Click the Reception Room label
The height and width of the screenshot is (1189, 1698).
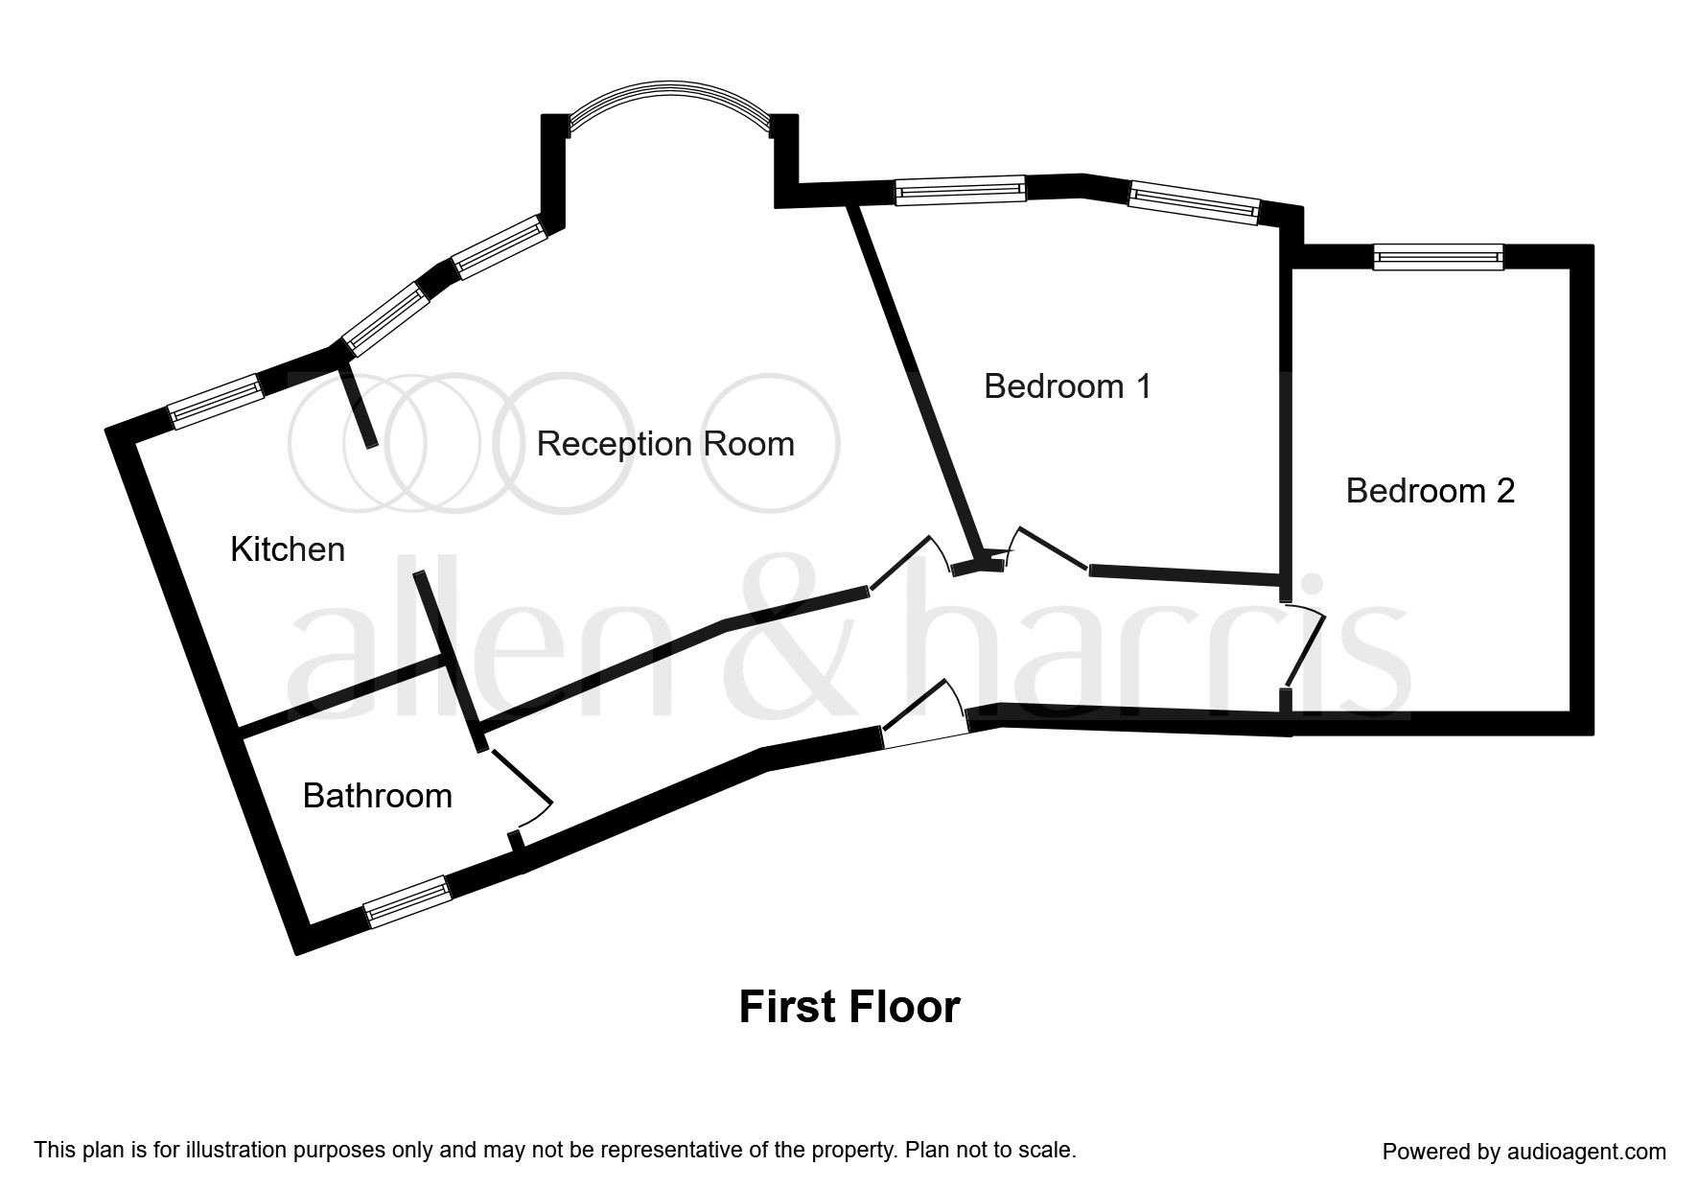tap(665, 444)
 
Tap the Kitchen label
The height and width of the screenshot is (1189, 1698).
tap(288, 549)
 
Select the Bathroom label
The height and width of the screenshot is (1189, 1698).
tap(377, 796)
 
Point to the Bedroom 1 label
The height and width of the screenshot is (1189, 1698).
tap(1067, 386)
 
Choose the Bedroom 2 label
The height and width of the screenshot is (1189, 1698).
tap(1430, 491)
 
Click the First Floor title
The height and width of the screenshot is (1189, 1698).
tap(849, 1008)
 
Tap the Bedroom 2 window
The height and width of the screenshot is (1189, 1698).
tap(1438, 256)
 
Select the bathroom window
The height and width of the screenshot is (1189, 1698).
tap(407, 901)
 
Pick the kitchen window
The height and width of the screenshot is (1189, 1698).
tap(216, 402)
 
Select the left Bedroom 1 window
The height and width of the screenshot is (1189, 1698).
tap(960, 190)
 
